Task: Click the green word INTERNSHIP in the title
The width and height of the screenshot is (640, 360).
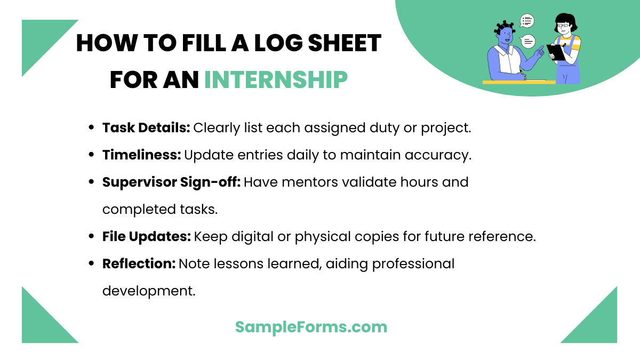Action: (x=276, y=80)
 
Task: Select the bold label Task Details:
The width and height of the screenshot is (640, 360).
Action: (x=146, y=128)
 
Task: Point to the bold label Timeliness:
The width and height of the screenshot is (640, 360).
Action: (x=141, y=155)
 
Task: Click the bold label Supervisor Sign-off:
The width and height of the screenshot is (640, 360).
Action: (x=171, y=182)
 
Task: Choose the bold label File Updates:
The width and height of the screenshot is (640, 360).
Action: (x=146, y=236)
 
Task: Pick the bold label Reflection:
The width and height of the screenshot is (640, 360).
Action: (x=139, y=263)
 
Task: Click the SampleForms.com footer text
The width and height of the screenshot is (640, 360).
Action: (x=311, y=327)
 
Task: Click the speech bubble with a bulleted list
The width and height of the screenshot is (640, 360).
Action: (x=527, y=21)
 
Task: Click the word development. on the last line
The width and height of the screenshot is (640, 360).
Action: (x=149, y=291)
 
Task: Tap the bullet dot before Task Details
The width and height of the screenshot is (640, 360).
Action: (x=91, y=128)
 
